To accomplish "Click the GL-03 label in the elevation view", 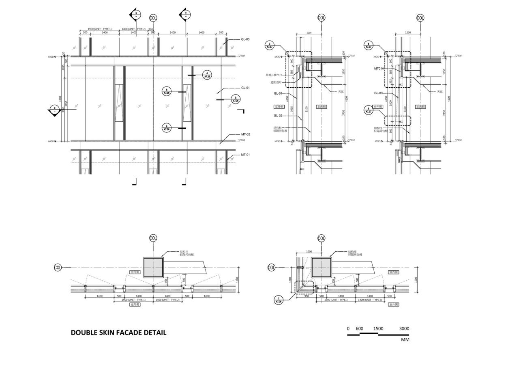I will [x=245, y=39].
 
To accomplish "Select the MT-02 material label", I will [x=245, y=134].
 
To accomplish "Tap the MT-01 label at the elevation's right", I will [x=245, y=155].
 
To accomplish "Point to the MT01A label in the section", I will [x=379, y=69].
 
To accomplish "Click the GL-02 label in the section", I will [x=278, y=116].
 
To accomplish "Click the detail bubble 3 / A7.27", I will [x=270, y=45].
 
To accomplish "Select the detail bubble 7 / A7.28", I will [x=279, y=300].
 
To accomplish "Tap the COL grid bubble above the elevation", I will [x=153, y=18].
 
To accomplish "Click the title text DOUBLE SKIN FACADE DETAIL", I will [x=118, y=332].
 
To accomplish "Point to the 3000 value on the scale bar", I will [x=404, y=328].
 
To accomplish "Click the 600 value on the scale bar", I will [x=359, y=328].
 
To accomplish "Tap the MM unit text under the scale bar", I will [x=405, y=339].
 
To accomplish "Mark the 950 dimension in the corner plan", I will [x=307, y=296].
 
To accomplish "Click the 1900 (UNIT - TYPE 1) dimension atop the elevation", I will [x=99, y=29].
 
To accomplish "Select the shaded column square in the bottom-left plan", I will [x=153, y=268].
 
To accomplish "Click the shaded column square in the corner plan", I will [x=322, y=268].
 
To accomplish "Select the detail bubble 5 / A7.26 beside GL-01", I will [x=236, y=99].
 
